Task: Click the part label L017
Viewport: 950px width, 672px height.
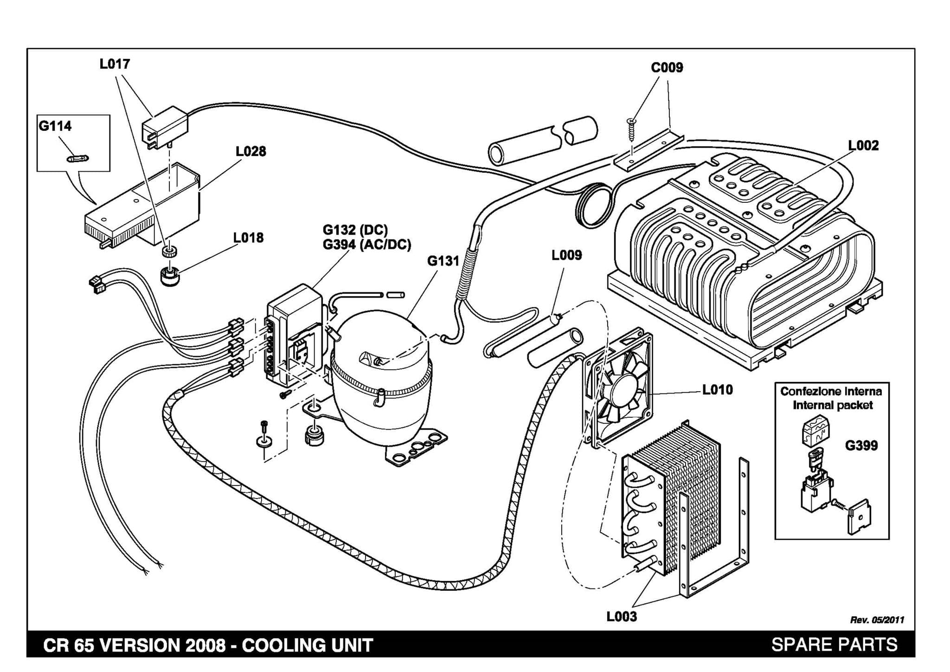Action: pos(115,64)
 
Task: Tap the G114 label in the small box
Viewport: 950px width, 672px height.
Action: pos(55,126)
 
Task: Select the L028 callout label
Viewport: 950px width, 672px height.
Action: pos(250,151)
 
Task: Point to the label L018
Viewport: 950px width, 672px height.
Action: pos(248,238)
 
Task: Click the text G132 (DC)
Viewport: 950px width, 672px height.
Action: pos(355,230)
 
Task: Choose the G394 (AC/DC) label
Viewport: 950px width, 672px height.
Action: pos(367,244)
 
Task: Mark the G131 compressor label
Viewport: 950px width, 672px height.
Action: pos(443,261)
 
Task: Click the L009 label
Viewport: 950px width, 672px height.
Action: pos(566,255)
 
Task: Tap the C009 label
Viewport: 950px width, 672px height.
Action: pos(667,68)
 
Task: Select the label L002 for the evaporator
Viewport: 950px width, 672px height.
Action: pos(863,146)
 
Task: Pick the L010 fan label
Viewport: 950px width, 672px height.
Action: pos(717,389)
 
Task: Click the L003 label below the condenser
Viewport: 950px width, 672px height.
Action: pos(622,616)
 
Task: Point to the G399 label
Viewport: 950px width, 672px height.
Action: pos(861,446)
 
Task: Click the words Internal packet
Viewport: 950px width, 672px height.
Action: pos(833,405)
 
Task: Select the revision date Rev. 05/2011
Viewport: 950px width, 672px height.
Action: pos(877,620)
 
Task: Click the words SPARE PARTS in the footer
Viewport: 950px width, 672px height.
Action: pos(834,645)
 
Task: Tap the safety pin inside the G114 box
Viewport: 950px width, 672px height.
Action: pos(77,158)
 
